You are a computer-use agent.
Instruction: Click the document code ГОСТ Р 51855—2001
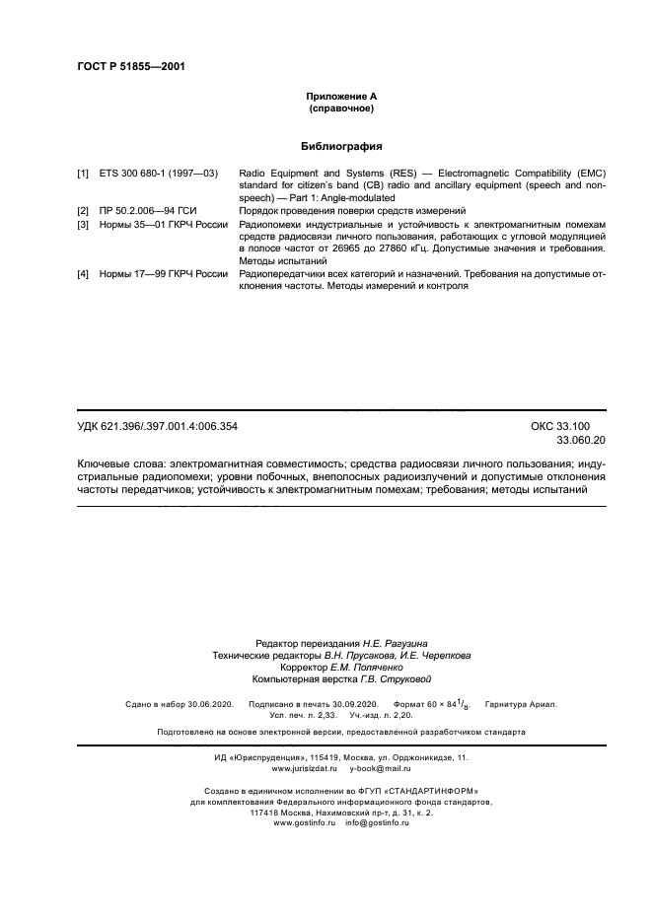(131, 67)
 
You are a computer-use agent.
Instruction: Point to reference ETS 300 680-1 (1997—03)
(158, 173)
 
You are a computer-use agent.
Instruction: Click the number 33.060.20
(581, 440)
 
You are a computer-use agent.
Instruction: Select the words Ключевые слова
(120, 462)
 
